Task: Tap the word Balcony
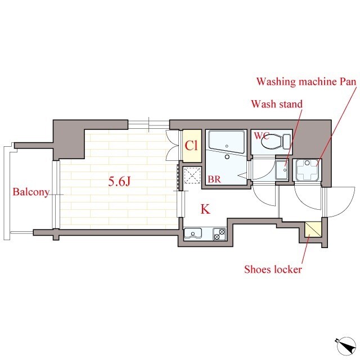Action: point(31,192)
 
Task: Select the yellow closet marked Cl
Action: point(191,146)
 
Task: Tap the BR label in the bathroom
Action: point(214,180)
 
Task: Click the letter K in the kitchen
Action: point(205,210)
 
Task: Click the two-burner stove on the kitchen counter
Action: point(219,233)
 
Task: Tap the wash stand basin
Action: point(282,168)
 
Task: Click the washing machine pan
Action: point(308,169)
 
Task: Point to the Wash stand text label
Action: point(277,104)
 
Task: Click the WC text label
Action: point(261,136)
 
